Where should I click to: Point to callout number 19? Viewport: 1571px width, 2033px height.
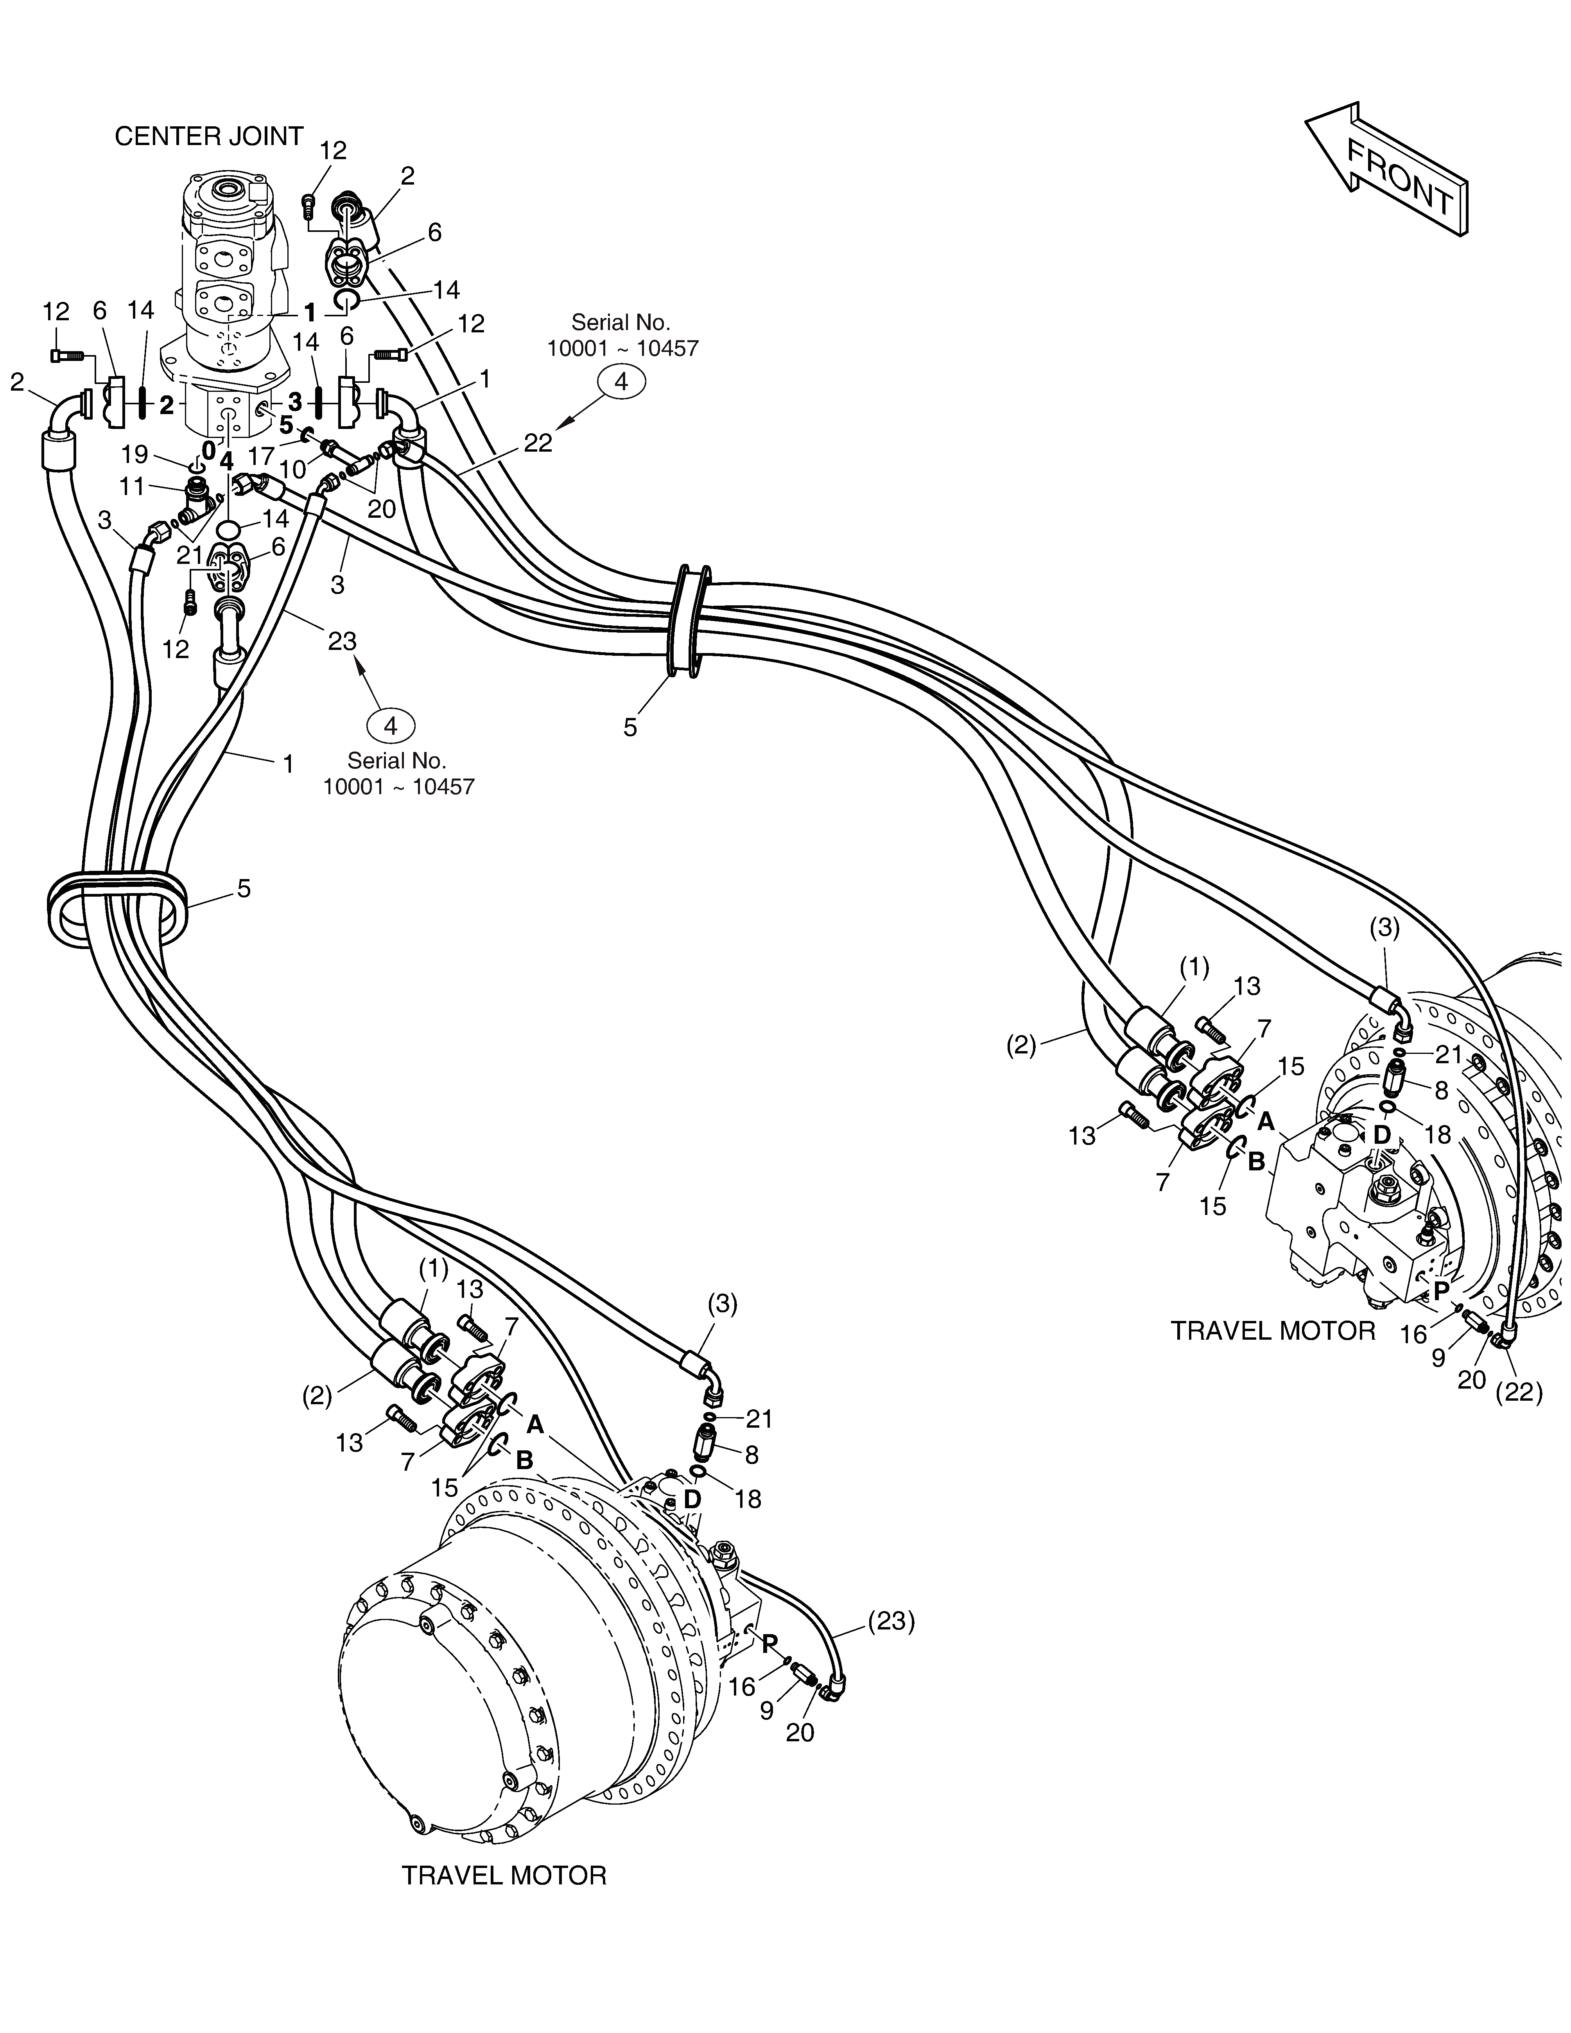click(135, 454)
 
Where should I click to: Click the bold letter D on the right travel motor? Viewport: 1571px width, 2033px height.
click(1381, 1135)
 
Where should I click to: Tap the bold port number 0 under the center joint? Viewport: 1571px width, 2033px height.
click(208, 450)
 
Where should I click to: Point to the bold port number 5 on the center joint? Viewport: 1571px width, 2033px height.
click(286, 425)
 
